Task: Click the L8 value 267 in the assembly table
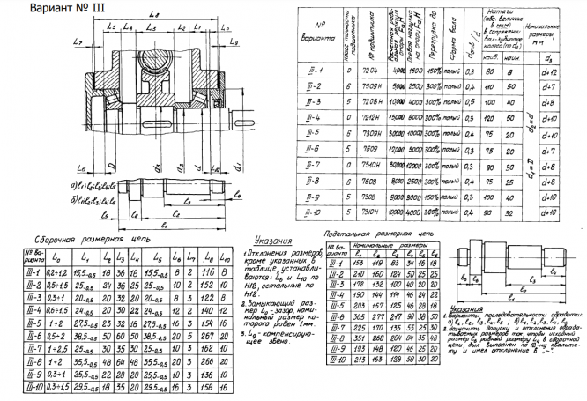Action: [207, 338]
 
